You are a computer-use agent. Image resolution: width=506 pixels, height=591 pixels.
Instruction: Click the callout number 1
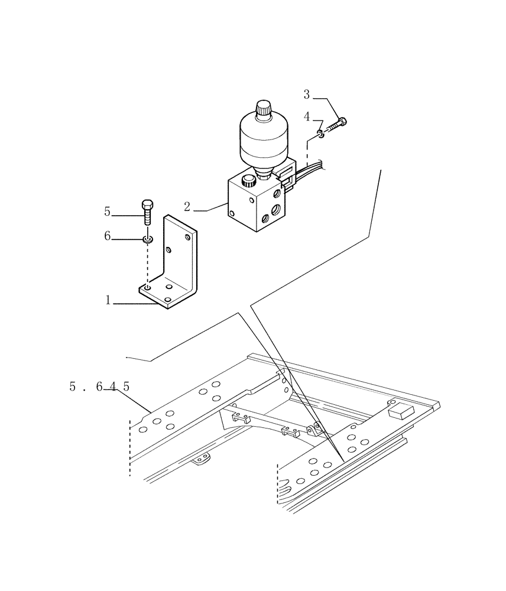(108, 300)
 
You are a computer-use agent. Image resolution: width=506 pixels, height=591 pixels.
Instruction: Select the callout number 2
(187, 207)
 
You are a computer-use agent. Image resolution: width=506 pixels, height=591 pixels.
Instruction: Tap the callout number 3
(307, 94)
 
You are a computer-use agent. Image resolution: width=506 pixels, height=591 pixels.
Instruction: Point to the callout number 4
(307, 117)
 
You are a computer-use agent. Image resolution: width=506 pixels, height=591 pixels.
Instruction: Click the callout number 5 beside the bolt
(107, 211)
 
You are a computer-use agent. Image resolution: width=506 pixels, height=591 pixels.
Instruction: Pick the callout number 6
(107, 236)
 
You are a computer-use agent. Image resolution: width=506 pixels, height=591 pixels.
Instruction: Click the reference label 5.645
(99, 387)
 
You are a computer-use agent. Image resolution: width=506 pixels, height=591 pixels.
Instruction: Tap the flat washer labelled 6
(147, 239)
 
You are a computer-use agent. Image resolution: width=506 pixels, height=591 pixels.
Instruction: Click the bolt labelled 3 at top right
(336, 126)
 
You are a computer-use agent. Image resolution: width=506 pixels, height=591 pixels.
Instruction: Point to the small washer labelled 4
(320, 134)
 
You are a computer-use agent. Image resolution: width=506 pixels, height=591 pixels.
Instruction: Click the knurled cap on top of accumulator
(263, 109)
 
